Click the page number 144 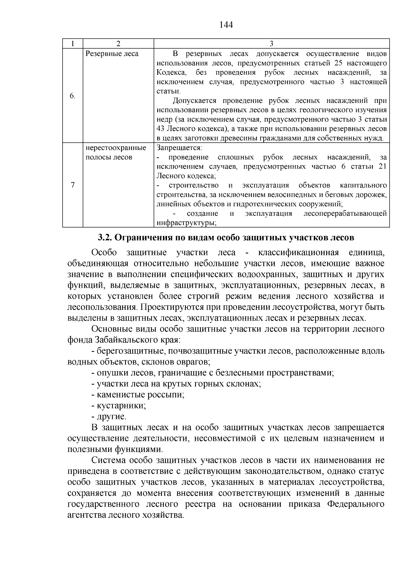226,25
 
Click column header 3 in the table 271,43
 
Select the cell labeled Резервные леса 112,54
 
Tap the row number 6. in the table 73,96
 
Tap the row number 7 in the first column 73,185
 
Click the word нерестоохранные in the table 116,148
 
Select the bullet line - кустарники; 119,405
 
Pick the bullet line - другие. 109,417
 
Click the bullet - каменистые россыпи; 138,395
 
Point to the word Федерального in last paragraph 356,504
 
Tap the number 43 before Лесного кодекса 161,129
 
